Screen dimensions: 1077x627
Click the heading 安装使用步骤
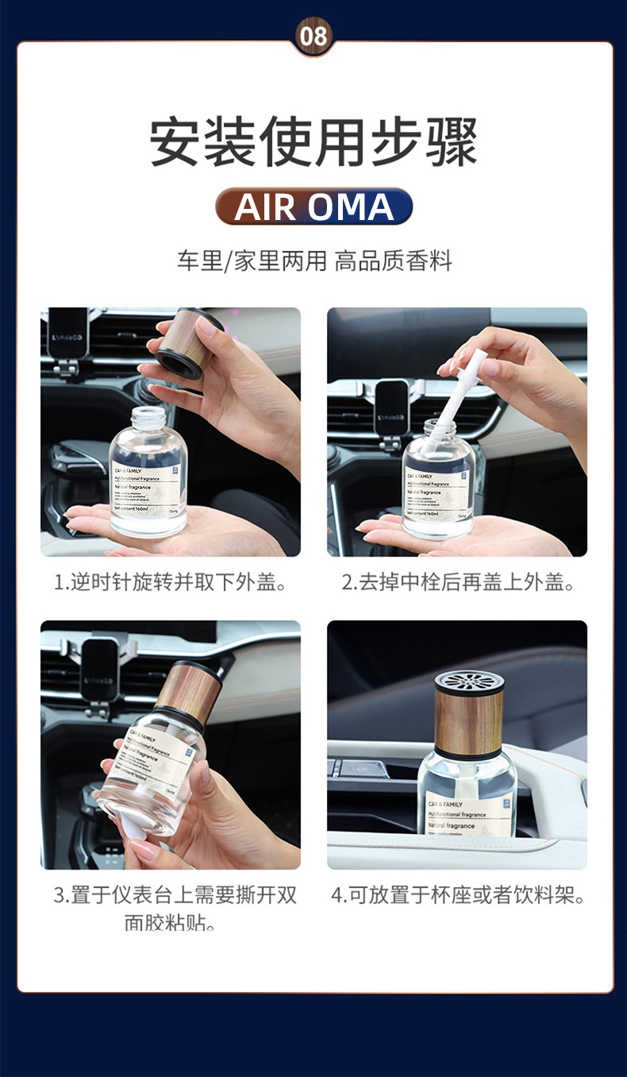pos(313,142)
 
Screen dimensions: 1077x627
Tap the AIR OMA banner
pos(313,207)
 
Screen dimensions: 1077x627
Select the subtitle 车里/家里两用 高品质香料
pos(313,261)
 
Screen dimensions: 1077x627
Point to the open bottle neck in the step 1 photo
pos(148,419)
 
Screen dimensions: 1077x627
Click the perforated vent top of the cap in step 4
pos(469,683)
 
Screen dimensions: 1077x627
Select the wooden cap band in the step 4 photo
pos(469,723)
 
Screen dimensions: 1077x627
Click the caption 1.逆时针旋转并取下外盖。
pos(171,582)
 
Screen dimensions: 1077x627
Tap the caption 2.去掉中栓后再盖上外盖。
pos(458,582)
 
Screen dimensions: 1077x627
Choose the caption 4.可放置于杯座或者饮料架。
pos(458,896)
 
